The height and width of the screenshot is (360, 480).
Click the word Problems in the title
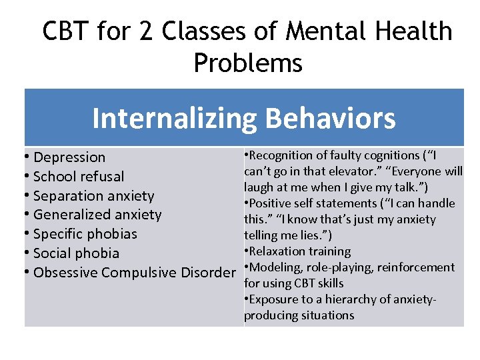tap(248, 63)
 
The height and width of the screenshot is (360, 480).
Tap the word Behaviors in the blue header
tap(330, 119)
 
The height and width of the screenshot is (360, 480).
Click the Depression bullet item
tap(69, 157)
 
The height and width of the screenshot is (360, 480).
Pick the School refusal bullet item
tap(78, 177)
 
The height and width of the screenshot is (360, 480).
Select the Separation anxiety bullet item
tap(93, 196)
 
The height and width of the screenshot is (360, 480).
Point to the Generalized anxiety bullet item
tap(97, 215)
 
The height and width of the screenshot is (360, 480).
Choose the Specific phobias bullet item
tap(85, 234)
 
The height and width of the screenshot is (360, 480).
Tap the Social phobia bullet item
tap(76, 253)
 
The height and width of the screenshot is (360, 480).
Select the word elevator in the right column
tap(347, 171)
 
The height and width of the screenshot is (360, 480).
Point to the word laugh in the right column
tap(259, 187)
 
